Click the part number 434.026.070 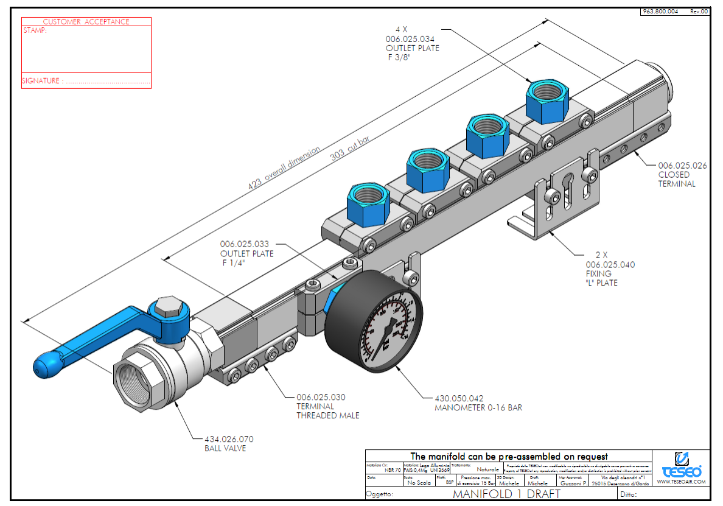pyautogui.click(x=229, y=439)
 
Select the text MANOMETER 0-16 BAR pyautogui.click(x=478, y=407)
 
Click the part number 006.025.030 pyautogui.click(x=321, y=397)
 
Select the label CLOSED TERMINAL pyautogui.click(x=676, y=179)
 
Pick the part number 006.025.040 pyautogui.click(x=610, y=264)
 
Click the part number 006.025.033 pyautogui.click(x=244, y=244)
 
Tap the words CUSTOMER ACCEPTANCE pyautogui.click(x=86, y=21)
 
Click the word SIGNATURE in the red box pyautogui.click(x=41, y=80)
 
